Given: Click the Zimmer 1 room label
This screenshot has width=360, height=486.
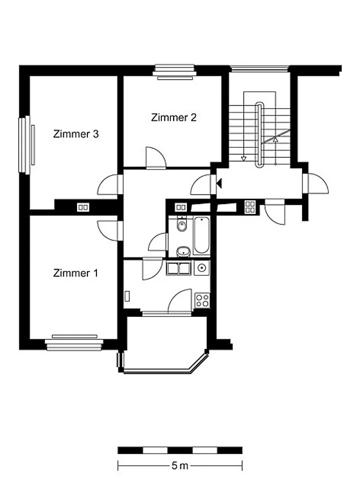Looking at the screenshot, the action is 76,273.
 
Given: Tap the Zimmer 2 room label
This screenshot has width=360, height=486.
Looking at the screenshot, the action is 174,117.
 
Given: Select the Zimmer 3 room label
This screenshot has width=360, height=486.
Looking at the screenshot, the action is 76,134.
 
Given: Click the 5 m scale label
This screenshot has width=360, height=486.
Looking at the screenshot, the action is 179,466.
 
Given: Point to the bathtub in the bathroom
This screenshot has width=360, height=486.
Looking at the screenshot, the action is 201,236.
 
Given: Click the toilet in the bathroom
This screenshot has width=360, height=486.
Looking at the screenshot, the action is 182,224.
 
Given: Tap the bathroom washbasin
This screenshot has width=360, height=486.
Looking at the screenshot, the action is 183,252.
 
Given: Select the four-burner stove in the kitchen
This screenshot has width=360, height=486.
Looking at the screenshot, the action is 202,300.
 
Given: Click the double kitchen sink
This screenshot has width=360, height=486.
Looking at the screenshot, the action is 178,268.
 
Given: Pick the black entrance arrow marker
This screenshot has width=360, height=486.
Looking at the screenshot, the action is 220,184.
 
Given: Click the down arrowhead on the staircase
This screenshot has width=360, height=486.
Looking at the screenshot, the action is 244,158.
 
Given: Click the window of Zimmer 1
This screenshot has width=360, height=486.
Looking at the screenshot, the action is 74,343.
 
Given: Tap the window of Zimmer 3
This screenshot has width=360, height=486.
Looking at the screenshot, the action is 26,145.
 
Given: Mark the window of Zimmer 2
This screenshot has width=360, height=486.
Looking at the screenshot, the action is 175,72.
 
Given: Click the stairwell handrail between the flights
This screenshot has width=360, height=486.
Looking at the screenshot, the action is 259,135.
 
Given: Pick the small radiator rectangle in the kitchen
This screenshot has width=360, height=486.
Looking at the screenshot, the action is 127,296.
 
